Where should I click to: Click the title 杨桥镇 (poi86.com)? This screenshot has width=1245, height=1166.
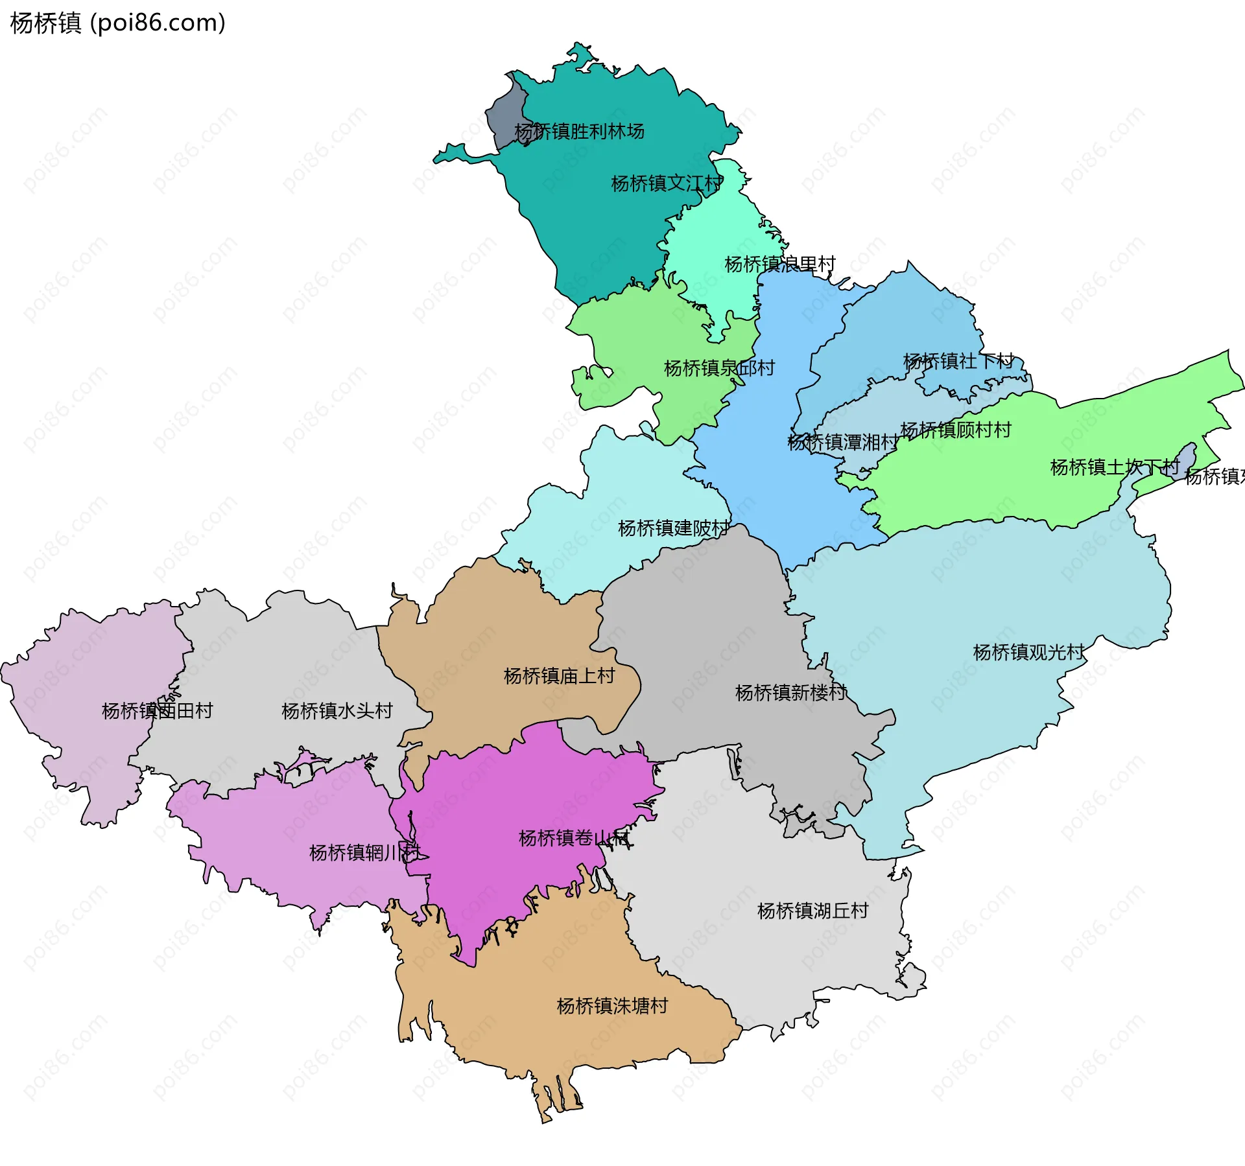(x=118, y=23)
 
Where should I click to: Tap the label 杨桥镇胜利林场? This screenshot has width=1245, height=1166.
(x=579, y=132)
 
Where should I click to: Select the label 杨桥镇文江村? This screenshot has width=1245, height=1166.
(x=667, y=183)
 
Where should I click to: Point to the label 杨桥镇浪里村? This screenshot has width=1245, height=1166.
(x=779, y=264)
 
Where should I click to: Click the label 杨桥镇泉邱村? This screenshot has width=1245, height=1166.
(x=719, y=368)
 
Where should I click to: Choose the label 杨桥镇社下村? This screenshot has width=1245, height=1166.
(x=958, y=361)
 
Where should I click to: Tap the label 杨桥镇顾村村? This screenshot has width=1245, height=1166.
(x=955, y=430)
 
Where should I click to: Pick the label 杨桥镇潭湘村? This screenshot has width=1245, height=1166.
(x=842, y=443)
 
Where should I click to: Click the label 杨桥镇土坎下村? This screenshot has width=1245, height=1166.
(x=1114, y=467)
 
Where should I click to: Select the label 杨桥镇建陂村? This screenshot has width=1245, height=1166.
(x=673, y=528)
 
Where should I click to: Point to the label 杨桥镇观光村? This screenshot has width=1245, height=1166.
(x=1028, y=652)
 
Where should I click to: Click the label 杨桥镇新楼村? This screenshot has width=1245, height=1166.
(x=790, y=693)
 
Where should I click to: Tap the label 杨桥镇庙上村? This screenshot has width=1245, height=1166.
(x=559, y=676)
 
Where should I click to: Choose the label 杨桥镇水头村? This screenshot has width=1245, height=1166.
(x=337, y=711)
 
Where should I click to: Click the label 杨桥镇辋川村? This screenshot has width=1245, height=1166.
(x=364, y=852)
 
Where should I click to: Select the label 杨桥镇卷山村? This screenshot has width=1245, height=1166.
(x=574, y=838)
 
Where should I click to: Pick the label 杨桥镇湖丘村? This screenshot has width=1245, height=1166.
(x=812, y=911)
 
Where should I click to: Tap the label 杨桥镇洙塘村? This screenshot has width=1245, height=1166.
(x=612, y=1006)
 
